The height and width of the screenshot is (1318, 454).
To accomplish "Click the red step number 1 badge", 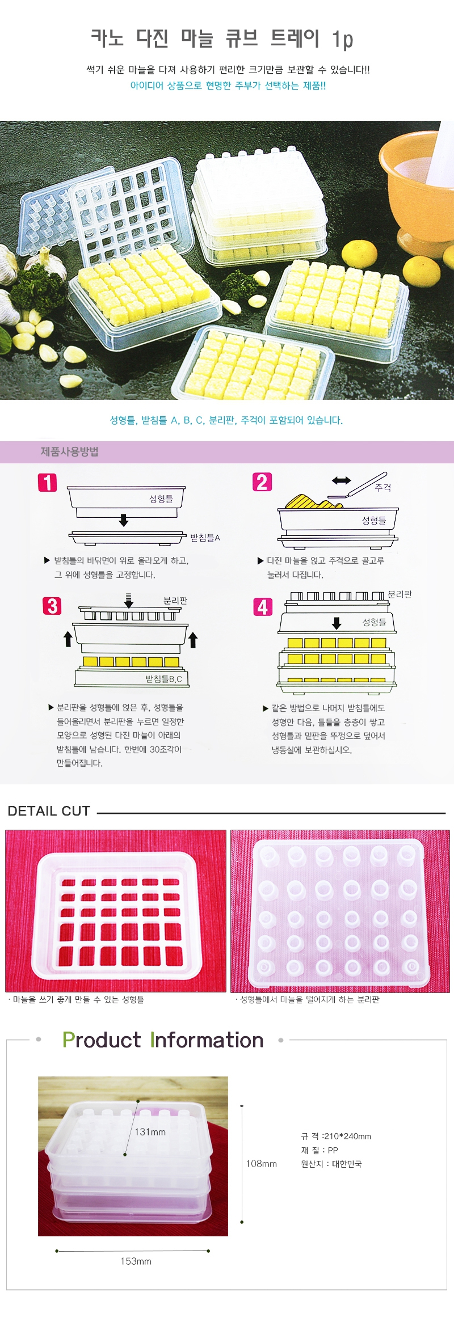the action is pyautogui.click(x=48, y=483).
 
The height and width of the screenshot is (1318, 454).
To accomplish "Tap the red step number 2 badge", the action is pyautogui.click(x=262, y=482).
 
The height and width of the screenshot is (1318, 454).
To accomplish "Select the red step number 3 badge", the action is pyautogui.click(x=52, y=606).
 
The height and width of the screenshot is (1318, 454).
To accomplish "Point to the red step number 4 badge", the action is pyautogui.click(x=263, y=607).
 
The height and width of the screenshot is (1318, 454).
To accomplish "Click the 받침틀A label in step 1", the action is pyautogui.click(x=205, y=538).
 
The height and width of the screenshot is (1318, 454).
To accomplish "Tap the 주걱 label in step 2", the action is pyautogui.click(x=383, y=488).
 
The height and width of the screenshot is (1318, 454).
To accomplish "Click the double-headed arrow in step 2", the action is pyautogui.click(x=342, y=481).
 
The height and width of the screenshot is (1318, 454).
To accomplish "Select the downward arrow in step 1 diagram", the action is pyautogui.click(x=124, y=520).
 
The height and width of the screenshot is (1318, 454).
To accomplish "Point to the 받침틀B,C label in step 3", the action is pyautogui.click(x=164, y=679).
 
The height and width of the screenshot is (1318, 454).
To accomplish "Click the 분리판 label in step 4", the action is pyautogui.click(x=400, y=594).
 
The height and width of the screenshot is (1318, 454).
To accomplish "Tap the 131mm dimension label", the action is pyautogui.click(x=150, y=1132).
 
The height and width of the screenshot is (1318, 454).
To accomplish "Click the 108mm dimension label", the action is pyautogui.click(x=262, y=1164).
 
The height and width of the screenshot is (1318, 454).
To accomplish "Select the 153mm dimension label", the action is pyautogui.click(x=136, y=1261).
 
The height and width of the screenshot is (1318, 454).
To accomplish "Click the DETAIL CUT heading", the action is pyautogui.click(x=49, y=811).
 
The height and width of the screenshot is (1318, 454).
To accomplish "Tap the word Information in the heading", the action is pyautogui.click(x=207, y=1040).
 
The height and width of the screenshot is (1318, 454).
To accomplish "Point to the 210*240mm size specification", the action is pyautogui.click(x=347, y=1137).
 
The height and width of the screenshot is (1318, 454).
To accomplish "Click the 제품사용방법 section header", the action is pyautogui.click(x=70, y=452).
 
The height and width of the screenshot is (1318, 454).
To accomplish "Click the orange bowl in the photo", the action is pyautogui.click(x=417, y=184).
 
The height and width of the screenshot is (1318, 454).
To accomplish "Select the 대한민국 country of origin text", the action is pyautogui.click(x=347, y=1164).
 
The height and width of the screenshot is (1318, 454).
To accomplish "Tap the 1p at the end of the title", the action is pyautogui.click(x=343, y=39).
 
